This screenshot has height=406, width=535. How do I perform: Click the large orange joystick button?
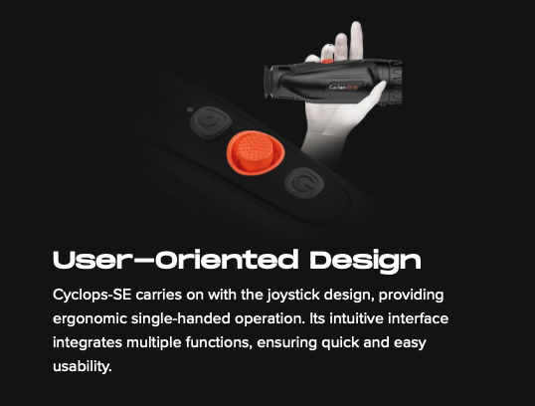[256, 152]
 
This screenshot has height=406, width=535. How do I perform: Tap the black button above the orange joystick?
[211, 122]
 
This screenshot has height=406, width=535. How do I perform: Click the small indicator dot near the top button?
[190, 109]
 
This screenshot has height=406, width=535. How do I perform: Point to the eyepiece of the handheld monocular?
[269, 83]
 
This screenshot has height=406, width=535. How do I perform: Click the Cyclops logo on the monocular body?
[344, 88]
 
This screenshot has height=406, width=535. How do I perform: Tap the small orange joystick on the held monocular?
[327, 61]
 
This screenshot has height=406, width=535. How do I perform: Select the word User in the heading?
[89, 260]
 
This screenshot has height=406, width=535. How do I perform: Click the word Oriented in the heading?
[227, 260]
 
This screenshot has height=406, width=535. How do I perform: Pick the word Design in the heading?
[365, 262]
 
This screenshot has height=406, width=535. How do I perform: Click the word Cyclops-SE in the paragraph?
[92, 295]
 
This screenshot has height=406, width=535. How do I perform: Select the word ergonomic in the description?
[89, 318]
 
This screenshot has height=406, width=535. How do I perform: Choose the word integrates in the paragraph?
[88, 342]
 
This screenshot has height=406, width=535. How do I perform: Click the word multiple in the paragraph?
[154, 342]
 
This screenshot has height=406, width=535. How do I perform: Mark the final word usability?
[83, 366]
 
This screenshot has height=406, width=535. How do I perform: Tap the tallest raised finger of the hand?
[356, 40]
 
